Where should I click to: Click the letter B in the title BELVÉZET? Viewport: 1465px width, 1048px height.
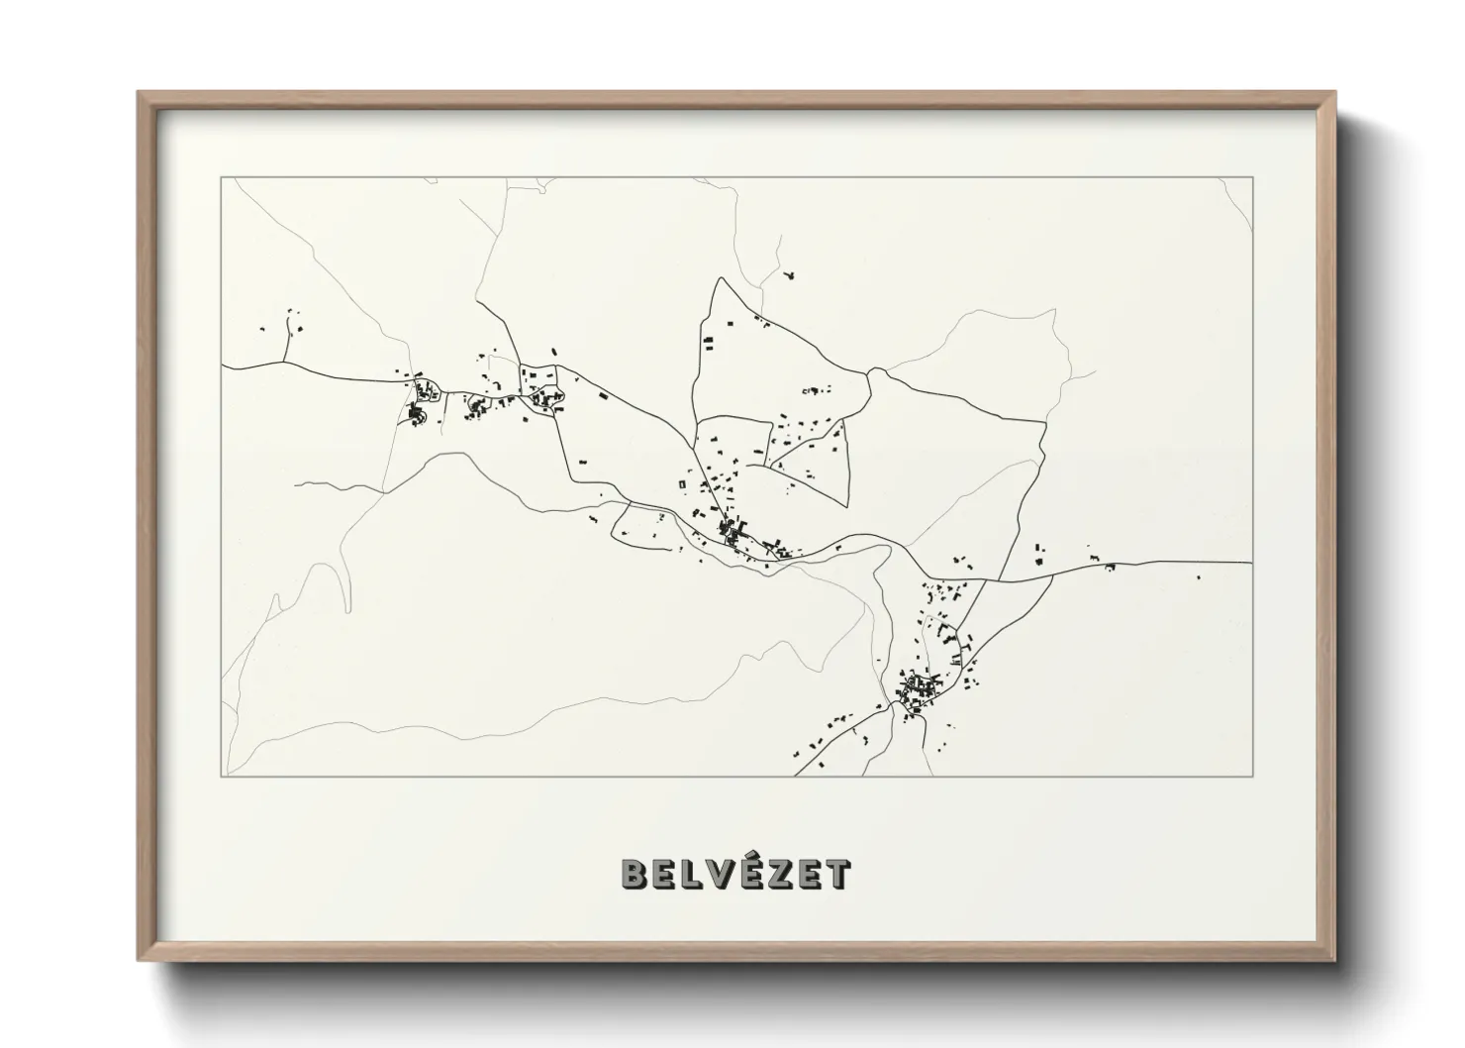pos(634,874)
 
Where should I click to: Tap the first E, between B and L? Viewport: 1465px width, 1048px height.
pos(665,874)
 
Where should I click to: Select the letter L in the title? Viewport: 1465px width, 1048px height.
pos(693,874)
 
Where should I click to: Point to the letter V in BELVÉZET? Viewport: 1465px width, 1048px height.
pos(722,874)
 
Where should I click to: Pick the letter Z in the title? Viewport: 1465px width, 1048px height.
pos(782,874)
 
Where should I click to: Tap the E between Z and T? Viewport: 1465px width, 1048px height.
pos(811,874)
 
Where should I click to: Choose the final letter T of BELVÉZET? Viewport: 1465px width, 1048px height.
pos(838,874)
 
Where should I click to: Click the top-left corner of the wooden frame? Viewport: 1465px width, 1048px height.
pos(140,93)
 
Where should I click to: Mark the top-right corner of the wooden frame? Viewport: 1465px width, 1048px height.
pos(1334,93)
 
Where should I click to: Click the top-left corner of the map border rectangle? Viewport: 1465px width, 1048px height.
pos(222,177)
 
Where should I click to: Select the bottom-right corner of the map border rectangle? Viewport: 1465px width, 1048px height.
pos(1253,776)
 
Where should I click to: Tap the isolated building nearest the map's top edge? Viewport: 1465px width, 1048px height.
pos(788,274)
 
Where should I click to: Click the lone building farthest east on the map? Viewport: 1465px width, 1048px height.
pos(1199,576)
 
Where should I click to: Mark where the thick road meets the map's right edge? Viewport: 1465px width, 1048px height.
pos(1252,563)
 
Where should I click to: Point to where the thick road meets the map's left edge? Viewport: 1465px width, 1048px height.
pos(223,367)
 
